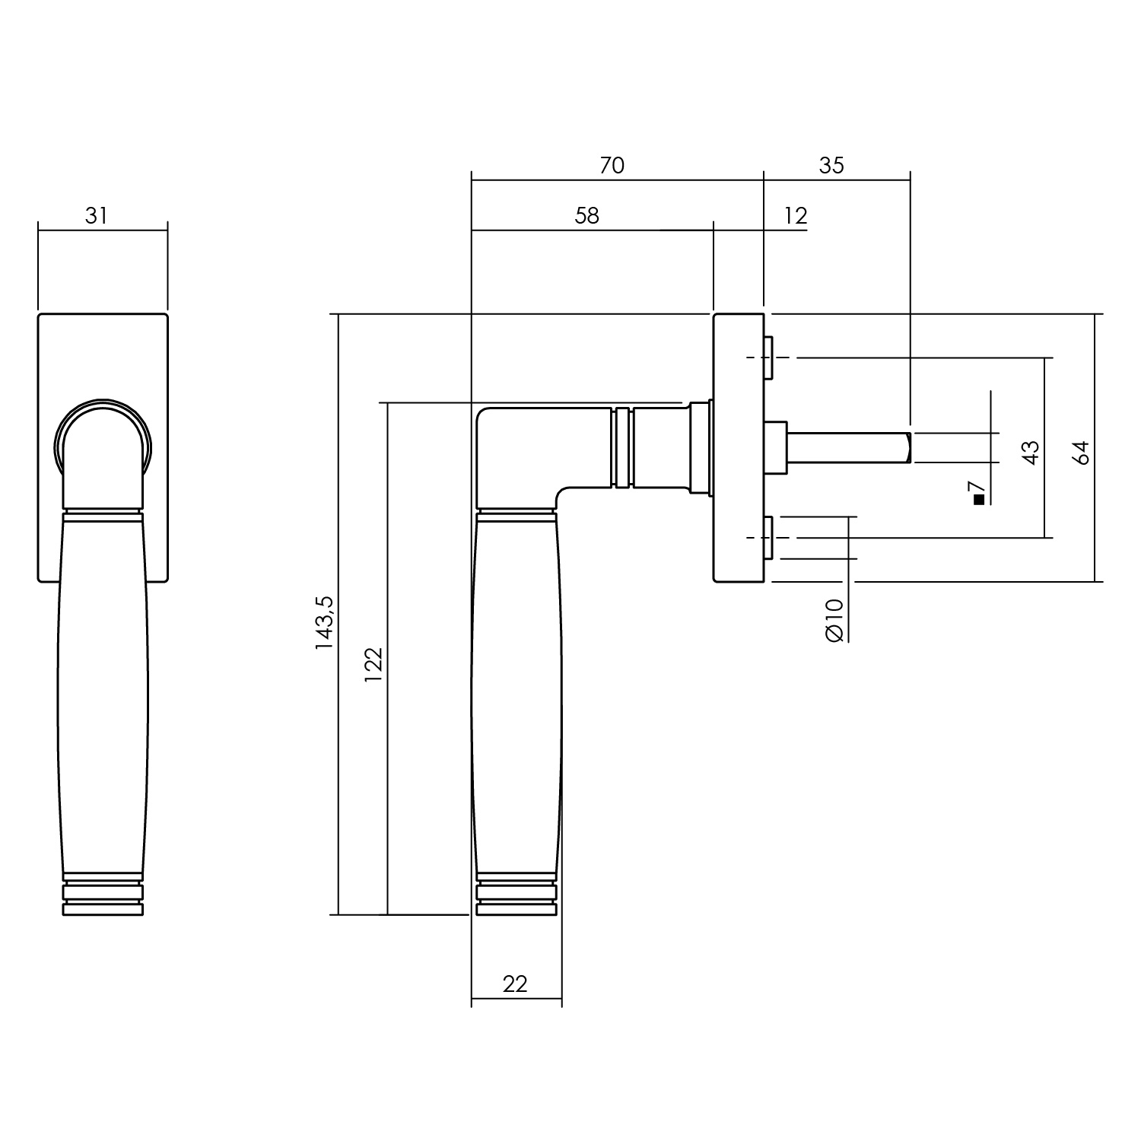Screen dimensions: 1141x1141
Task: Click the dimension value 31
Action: (x=96, y=216)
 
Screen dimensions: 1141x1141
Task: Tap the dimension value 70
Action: (x=612, y=165)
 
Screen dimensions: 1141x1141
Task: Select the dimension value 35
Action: (x=832, y=165)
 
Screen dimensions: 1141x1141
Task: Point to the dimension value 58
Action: (x=587, y=216)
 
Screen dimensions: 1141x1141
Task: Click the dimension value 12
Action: (x=795, y=216)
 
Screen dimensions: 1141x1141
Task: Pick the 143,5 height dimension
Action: (x=325, y=622)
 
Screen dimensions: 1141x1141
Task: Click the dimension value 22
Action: (x=515, y=984)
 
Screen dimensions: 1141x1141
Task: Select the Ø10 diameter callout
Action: (x=834, y=620)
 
